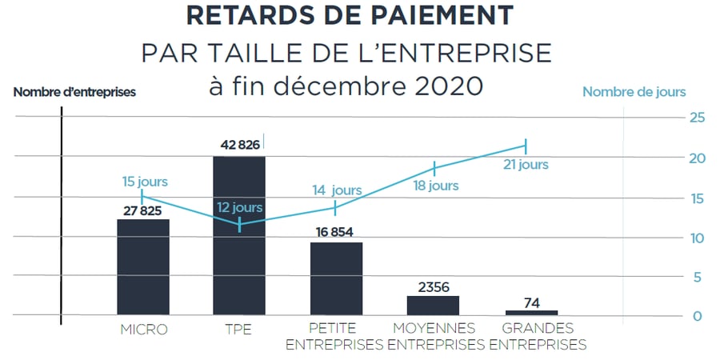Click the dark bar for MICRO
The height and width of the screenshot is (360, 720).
point(143,267)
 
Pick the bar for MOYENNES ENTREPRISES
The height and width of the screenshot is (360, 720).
point(433,306)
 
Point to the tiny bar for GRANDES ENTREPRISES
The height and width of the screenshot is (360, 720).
point(531,313)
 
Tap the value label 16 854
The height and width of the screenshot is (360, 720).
point(335,231)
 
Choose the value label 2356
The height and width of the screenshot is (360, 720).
point(433,285)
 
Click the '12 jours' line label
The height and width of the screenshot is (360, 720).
point(239,207)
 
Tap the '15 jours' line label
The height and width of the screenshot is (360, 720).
point(145,182)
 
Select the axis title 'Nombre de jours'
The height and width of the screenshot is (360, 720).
point(634,92)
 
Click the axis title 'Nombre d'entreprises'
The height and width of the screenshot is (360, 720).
point(74,92)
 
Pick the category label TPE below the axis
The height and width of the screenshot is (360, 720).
point(238,330)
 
